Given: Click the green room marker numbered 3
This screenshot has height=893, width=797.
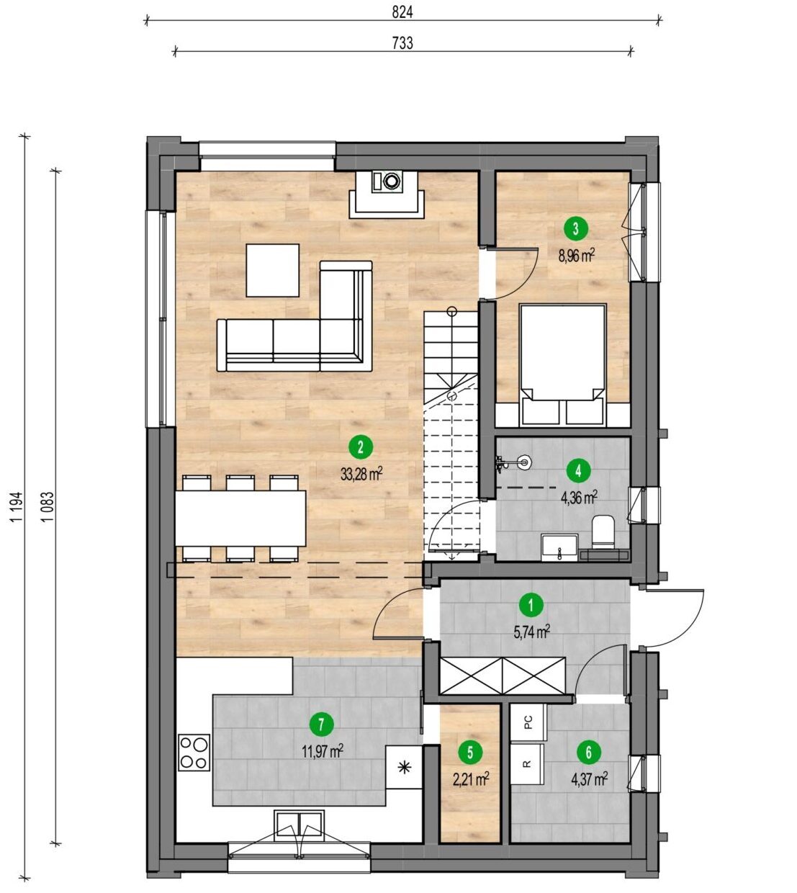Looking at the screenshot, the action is pyautogui.click(x=575, y=229).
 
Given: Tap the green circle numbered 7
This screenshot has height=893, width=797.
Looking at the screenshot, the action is pyautogui.click(x=321, y=724).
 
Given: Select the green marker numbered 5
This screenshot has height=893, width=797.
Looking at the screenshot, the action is pyautogui.click(x=470, y=753).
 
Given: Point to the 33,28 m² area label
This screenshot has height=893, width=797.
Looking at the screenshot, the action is pyautogui.click(x=361, y=475).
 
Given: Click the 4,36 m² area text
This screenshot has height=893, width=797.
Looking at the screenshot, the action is pyautogui.click(x=578, y=497).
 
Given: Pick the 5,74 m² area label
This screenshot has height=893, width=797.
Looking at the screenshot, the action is pyautogui.click(x=531, y=632).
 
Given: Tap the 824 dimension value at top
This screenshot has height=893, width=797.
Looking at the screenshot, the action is pyautogui.click(x=402, y=13).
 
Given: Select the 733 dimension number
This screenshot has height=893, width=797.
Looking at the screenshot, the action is pyautogui.click(x=402, y=43).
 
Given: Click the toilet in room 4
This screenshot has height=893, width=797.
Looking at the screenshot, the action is pyautogui.click(x=603, y=532).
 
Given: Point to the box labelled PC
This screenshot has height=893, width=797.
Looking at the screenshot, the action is pyautogui.click(x=528, y=722).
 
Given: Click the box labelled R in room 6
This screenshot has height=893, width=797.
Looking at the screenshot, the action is pyautogui.click(x=527, y=764).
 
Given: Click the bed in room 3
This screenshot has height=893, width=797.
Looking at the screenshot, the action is pyautogui.click(x=562, y=364).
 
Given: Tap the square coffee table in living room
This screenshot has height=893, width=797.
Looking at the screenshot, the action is pyautogui.click(x=273, y=271).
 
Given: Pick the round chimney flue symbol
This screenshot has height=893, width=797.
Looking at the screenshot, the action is pyautogui.click(x=390, y=180).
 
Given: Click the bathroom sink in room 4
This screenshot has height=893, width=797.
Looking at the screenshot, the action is pyautogui.click(x=559, y=547).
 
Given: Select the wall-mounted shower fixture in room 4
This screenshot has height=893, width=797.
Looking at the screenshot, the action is pyautogui.click(x=514, y=462).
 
